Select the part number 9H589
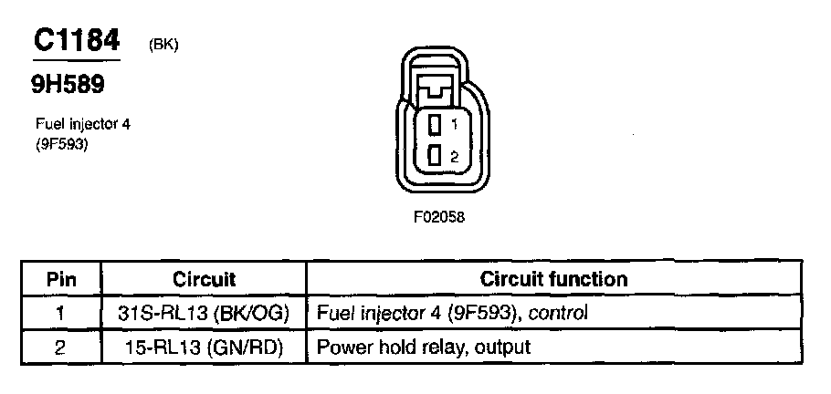68,85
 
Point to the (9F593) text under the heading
61,142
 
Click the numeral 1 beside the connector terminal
454,124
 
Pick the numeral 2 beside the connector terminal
454,157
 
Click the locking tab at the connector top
436,89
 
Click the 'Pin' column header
60,279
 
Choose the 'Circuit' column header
204,279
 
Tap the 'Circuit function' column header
554,279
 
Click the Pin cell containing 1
60,313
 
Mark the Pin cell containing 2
60,347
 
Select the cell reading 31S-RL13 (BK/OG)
204,313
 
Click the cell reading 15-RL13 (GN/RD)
204,347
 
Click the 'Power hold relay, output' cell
423,347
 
